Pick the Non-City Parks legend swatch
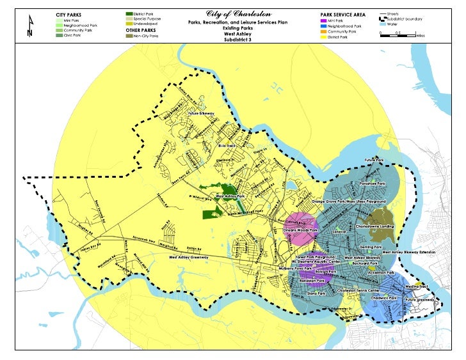130,38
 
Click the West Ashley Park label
230,196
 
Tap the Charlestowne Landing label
375,226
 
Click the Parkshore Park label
372,184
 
